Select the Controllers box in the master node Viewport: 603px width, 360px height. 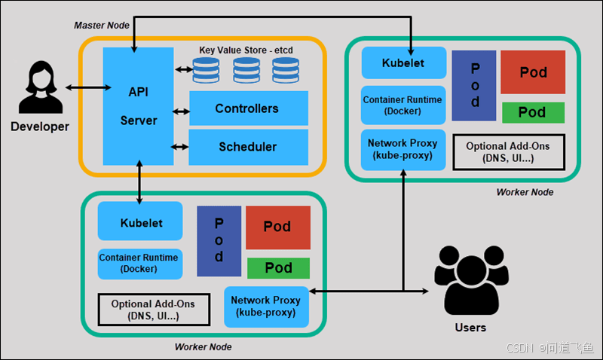(x=248, y=108)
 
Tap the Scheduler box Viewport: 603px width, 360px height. (x=248, y=147)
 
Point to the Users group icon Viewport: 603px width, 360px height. (x=470, y=282)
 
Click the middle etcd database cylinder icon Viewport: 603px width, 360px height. (x=246, y=70)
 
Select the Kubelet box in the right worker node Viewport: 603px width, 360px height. (x=403, y=63)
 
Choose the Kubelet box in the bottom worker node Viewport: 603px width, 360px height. (x=141, y=223)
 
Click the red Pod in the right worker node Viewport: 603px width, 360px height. (x=533, y=72)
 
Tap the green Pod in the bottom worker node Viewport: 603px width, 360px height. (x=278, y=268)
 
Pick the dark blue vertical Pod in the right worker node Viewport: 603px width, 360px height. (x=474, y=85)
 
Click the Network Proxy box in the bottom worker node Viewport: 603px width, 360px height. (x=266, y=306)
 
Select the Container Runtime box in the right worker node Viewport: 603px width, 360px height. (x=403, y=105)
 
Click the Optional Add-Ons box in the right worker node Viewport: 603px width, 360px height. (x=508, y=151)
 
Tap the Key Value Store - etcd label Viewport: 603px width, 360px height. (x=246, y=50)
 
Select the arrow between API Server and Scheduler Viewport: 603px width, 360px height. (x=180, y=147)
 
